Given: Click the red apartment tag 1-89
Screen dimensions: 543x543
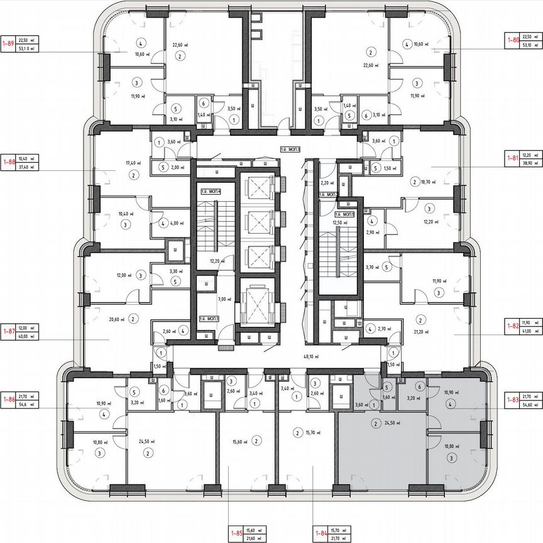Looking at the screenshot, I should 8,43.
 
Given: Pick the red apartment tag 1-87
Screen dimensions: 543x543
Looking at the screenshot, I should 8,331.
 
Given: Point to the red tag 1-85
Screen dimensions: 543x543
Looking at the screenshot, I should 237,535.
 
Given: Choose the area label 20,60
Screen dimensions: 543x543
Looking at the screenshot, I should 115,319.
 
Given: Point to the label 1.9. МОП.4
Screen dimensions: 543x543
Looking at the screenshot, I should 211,190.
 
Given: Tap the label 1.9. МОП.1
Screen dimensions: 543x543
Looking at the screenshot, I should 210,319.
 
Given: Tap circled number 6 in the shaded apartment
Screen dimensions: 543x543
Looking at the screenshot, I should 419,388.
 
